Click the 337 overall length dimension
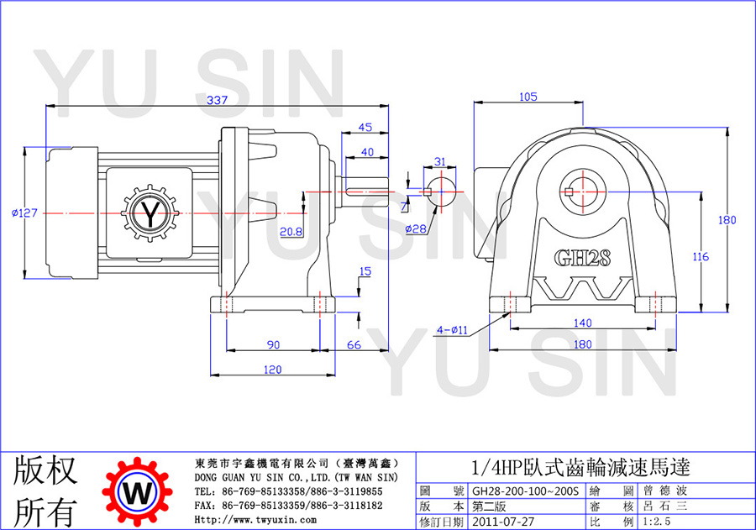point(217,100)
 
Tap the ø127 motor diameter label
point(24,213)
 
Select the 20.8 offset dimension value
point(291,232)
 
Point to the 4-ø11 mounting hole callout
point(452,330)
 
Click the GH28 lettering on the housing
point(582,258)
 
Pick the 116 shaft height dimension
point(701,256)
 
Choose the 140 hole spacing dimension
point(582,323)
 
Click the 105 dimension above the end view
point(528,97)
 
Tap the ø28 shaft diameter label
point(416,228)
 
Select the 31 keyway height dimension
point(439,161)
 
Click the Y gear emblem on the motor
point(150,213)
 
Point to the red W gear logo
point(138,492)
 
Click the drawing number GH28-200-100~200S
point(525,491)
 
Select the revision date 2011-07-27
point(503,522)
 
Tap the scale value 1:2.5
point(656,522)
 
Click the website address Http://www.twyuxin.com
point(255,520)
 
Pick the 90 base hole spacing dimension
point(273,345)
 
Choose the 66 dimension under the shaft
point(354,345)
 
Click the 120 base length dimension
point(272,370)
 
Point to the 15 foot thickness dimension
point(365,271)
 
